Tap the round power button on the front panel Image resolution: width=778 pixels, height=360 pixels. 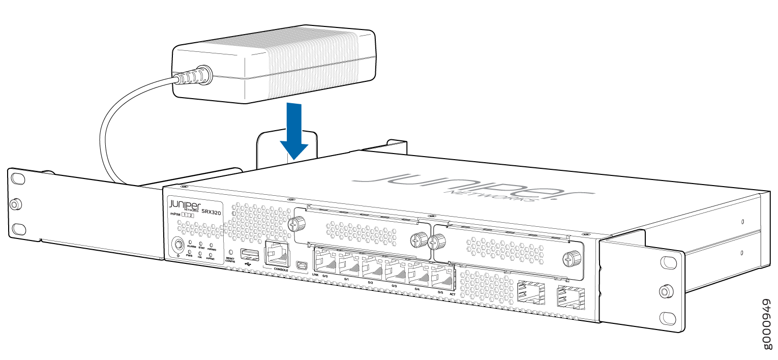[178, 245]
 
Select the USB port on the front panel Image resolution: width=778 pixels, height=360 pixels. [248, 254]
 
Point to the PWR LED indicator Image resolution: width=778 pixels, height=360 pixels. [190, 252]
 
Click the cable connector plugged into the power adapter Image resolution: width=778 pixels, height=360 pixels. [193, 76]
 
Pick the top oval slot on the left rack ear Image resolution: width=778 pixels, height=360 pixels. [17, 179]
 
